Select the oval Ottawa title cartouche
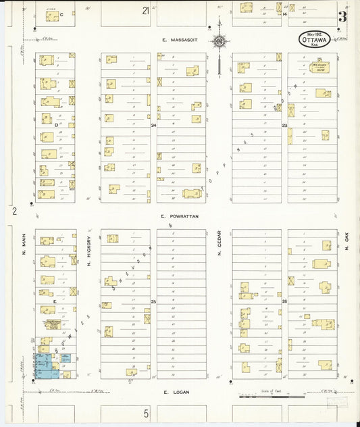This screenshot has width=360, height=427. point(313,39)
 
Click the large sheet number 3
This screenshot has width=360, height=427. point(343,17)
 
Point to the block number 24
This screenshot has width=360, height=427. point(153,126)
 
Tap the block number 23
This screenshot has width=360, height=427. point(284,126)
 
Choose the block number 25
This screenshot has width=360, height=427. point(153,301)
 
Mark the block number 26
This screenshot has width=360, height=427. point(284,301)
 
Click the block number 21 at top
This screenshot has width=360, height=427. point(145,11)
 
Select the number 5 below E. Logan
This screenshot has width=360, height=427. point(145,412)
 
